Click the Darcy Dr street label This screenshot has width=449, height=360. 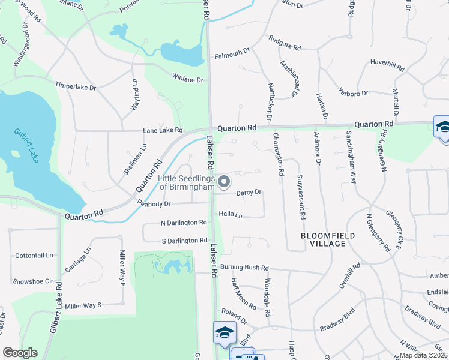(x=249, y=193)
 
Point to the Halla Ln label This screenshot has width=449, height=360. (x=231, y=214)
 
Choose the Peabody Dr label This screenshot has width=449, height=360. (x=154, y=204)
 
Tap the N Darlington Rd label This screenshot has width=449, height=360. (x=184, y=223)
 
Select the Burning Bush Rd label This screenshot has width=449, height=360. (x=244, y=268)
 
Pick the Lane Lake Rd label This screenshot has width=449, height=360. (x=163, y=130)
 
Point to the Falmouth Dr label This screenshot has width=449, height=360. (x=232, y=54)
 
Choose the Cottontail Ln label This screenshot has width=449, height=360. (x=34, y=255)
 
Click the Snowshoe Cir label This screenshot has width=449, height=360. (x=33, y=281)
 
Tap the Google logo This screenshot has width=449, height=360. (x=20, y=353)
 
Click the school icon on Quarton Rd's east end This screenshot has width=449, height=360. (x=442, y=127)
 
